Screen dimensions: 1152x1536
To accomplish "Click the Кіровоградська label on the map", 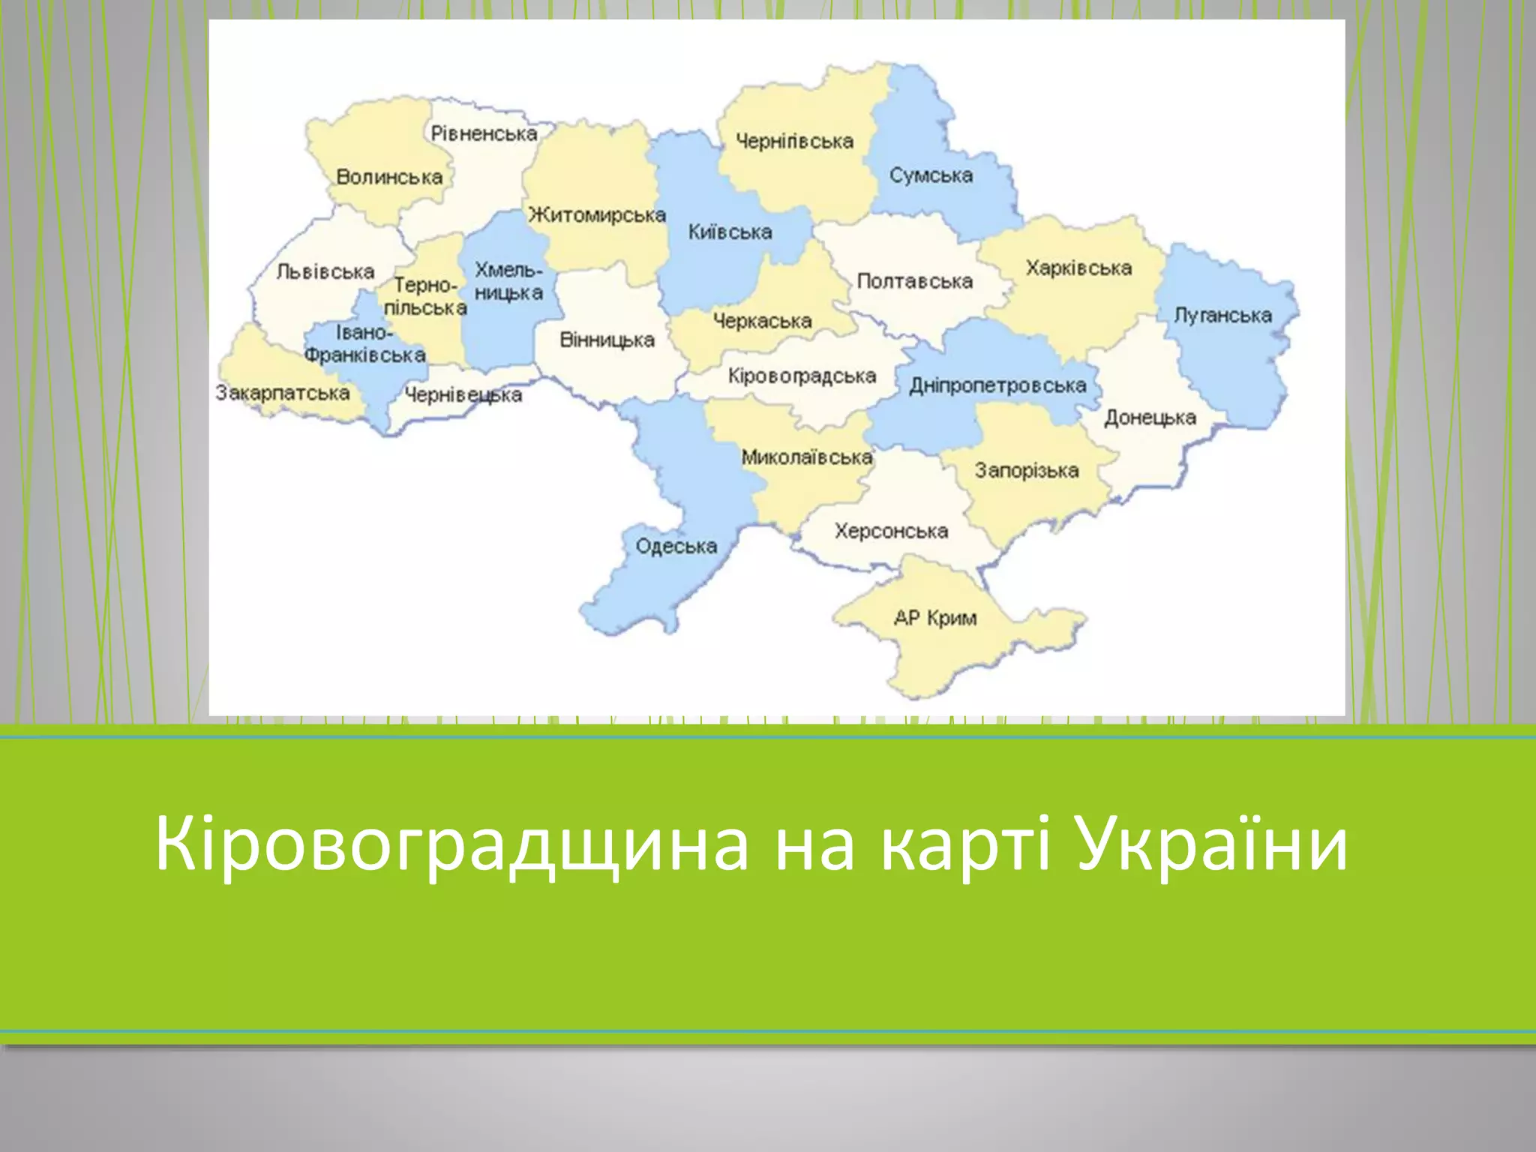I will [x=802, y=376].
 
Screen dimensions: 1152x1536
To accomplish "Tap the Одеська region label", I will [x=676, y=546].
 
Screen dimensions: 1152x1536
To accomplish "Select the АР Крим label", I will [x=934, y=618].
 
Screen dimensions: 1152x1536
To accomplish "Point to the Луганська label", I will [x=1222, y=315].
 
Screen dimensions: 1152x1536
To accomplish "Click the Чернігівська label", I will [x=794, y=141].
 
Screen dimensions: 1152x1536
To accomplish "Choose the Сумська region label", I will [x=931, y=175].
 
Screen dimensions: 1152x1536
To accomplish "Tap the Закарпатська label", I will [x=283, y=393].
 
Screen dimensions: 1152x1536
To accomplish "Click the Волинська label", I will [x=389, y=178].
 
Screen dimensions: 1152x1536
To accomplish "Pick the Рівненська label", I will [x=484, y=134].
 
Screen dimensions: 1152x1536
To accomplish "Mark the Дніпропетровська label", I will [x=997, y=385].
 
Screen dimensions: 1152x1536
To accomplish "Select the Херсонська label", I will [x=891, y=531].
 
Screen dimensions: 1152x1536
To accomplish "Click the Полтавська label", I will [x=914, y=281].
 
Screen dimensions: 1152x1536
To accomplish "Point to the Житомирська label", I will [x=597, y=215].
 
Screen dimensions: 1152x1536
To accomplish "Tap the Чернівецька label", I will [x=463, y=394].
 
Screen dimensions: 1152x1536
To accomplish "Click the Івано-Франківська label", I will [x=364, y=344].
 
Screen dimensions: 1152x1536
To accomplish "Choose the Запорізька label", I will [x=1026, y=470].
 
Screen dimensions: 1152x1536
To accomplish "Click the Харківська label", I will [x=1078, y=268].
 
